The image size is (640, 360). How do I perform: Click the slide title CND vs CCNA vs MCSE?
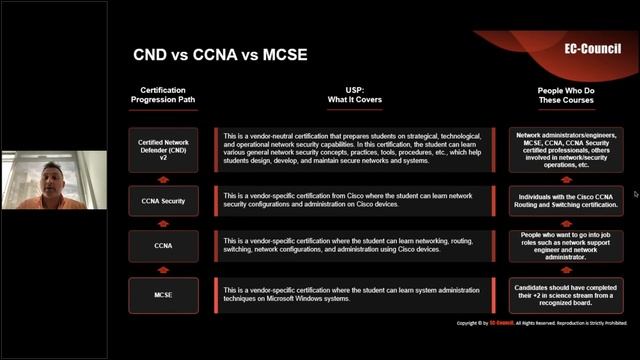coord(220,54)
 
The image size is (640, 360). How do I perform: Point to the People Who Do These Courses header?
coord(565,95)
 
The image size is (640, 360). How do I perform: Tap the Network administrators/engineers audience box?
coord(566,150)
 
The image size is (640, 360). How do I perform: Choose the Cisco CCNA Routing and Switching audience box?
coord(566,199)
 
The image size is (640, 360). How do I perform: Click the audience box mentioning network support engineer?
coord(566,246)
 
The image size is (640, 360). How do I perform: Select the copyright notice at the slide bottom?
coord(541,323)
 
